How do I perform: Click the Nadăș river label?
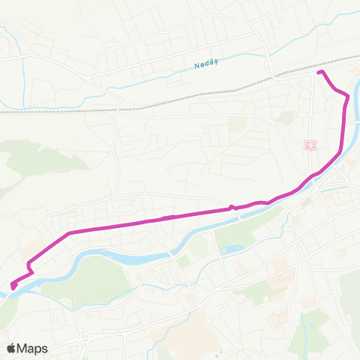click(203, 64)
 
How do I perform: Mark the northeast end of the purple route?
click(319, 72)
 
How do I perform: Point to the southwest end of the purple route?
click(13, 285)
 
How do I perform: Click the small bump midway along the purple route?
click(232, 207)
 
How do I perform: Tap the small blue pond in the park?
click(230, 248)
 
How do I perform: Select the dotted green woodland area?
click(37, 161)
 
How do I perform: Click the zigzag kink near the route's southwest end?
click(29, 265)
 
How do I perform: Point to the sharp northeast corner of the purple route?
click(346, 96)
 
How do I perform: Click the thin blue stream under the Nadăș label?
click(187, 75)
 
